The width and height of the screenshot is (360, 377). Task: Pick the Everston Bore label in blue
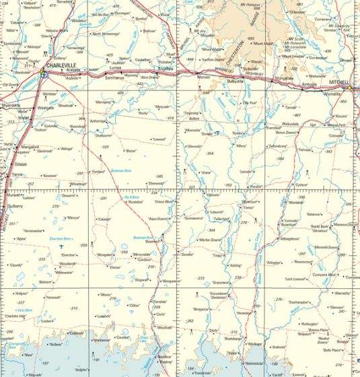(x=64, y=239)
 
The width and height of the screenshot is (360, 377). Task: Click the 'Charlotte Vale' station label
(x=15, y=316)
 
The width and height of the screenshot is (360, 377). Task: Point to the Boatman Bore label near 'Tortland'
(x=120, y=170)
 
